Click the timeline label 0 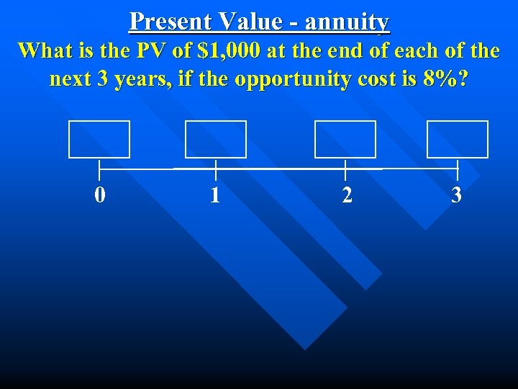(100, 195)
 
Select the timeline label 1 (215, 195)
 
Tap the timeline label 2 (347, 195)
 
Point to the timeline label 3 (456, 195)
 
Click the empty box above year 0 (99, 139)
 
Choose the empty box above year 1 (216, 139)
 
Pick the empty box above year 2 (345, 139)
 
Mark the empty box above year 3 (458, 139)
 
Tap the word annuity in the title (347, 22)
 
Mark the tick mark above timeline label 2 (345, 170)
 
